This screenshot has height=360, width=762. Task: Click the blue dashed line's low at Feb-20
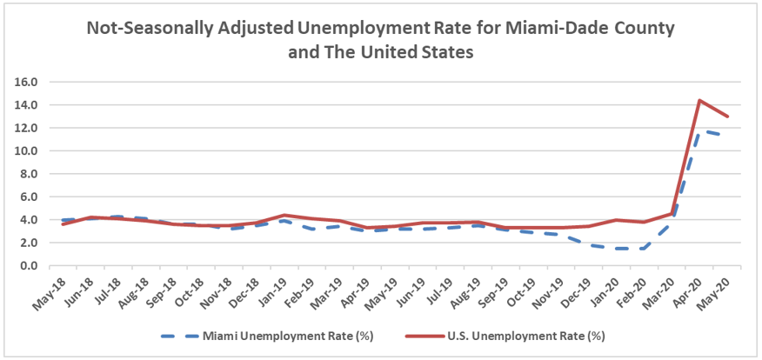[x=640, y=249]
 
